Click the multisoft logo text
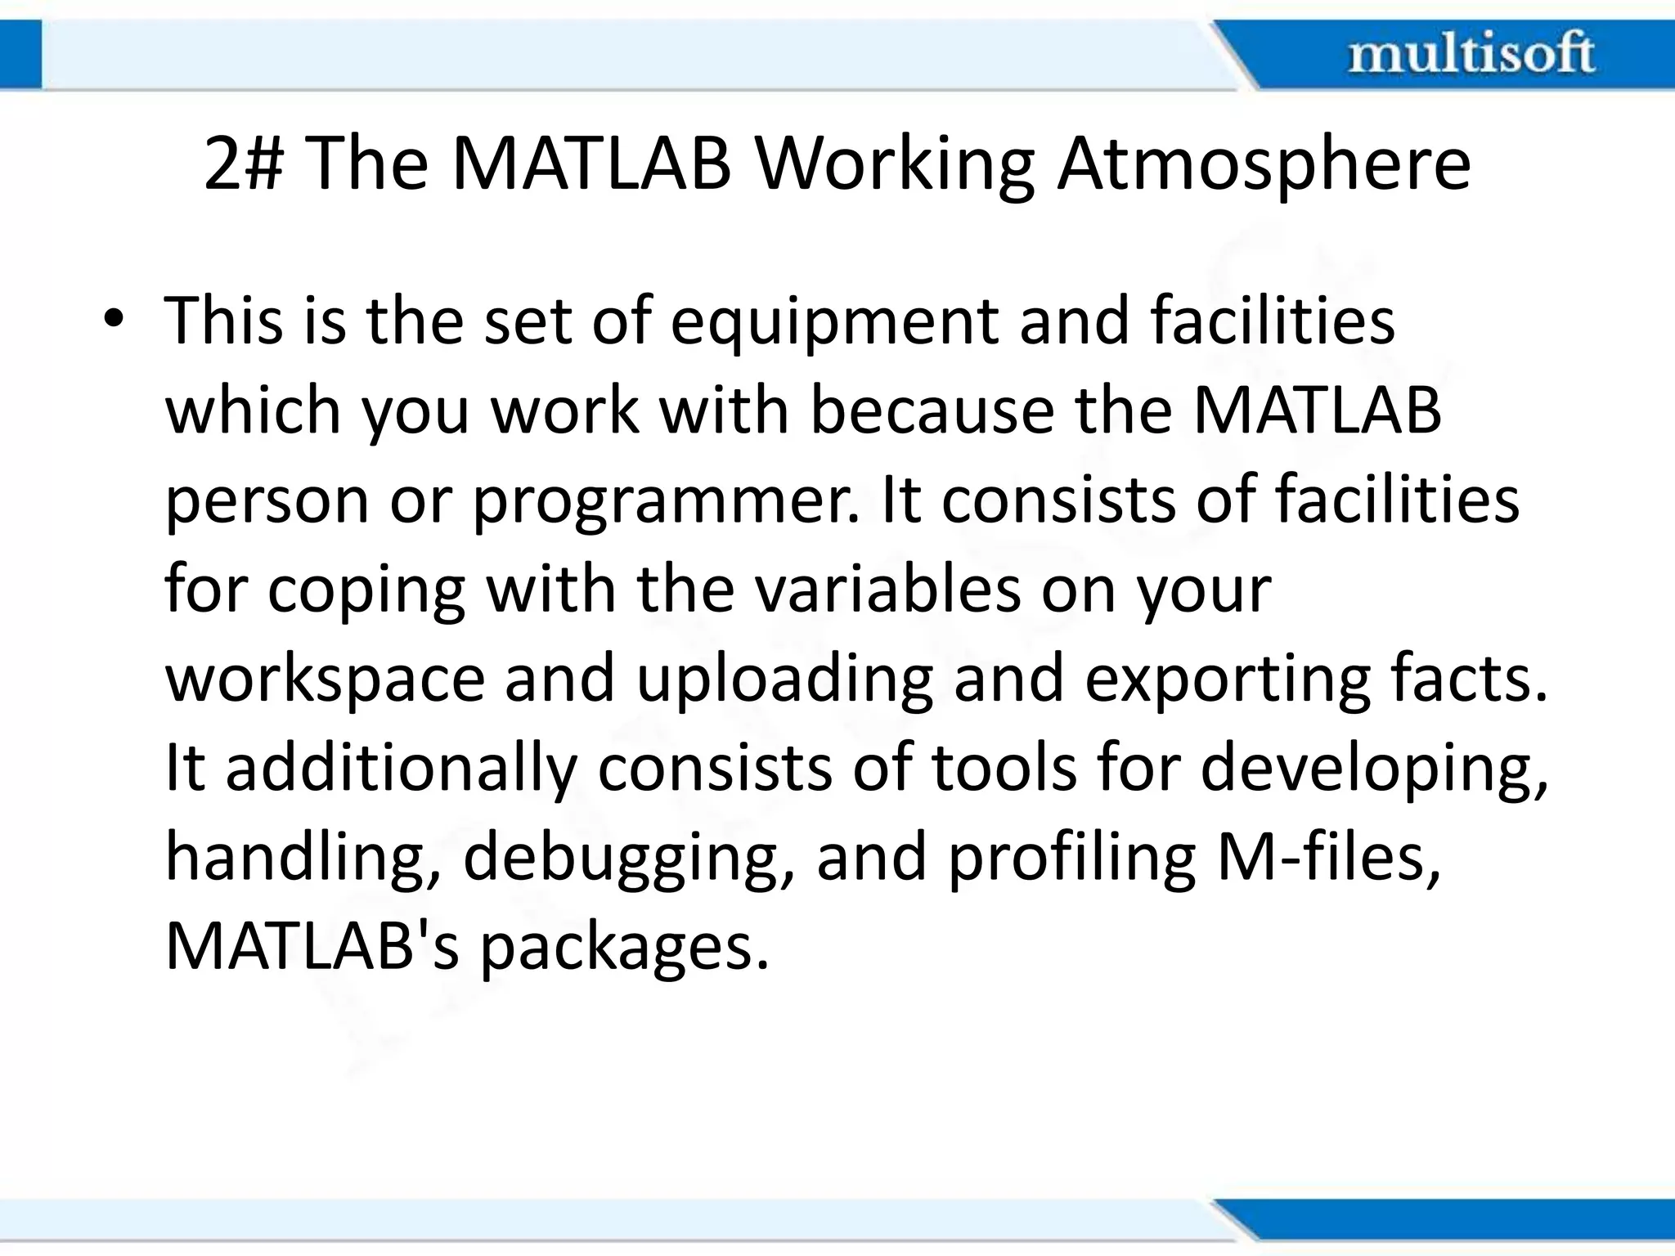click(x=1471, y=54)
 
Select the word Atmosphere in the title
click(x=1264, y=164)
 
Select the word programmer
click(x=663, y=500)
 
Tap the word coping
click(x=366, y=591)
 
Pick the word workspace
click(x=325, y=680)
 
